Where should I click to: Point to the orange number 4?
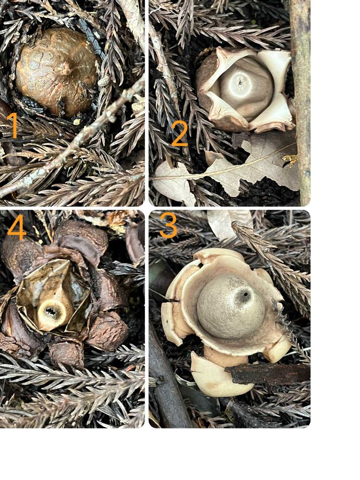click(x=17, y=227)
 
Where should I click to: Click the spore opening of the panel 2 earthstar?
click(x=240, y=82)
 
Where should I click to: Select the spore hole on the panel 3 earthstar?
click(x=245, y=295)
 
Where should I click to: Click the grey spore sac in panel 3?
click(x=230, y=306)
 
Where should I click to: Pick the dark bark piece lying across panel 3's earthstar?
click(x=268, y=373)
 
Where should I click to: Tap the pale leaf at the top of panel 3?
click(x=228, y=224)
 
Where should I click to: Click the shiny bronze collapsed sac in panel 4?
click(x=54, y=295)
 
